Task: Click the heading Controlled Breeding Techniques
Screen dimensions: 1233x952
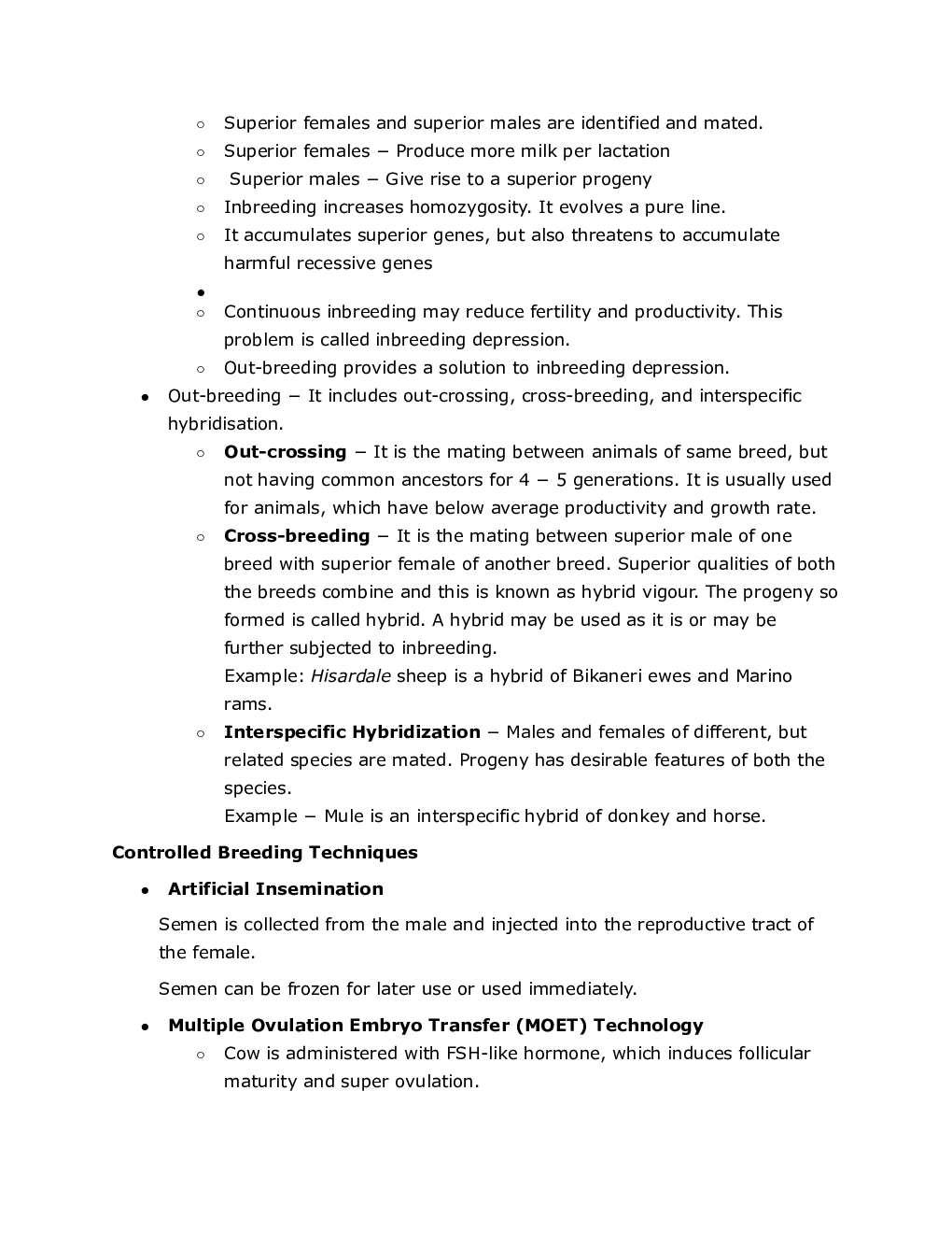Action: [264, 852]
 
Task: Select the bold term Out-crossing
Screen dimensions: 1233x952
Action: [285, 451]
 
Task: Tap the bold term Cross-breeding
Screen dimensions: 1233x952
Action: [297, 535]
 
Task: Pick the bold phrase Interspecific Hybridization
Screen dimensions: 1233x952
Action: [352, 731]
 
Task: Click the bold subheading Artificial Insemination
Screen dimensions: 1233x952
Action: [275, 888]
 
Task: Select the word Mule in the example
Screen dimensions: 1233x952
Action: [343, 815]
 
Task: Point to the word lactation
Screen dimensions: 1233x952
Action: [634, 150]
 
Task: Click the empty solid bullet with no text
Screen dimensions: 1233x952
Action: [201, 292]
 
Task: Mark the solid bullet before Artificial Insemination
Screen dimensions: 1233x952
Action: [146, 890]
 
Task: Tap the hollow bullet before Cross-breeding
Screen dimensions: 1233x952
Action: [201, 537]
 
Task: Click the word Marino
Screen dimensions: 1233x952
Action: [763, 675]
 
